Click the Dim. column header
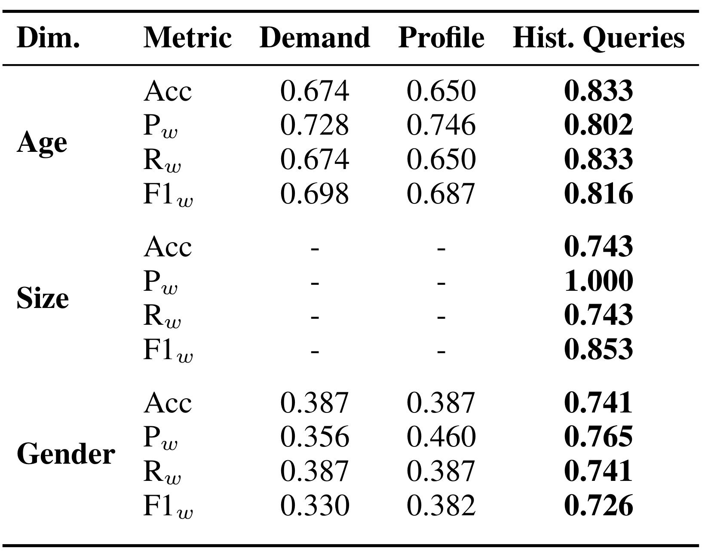48,38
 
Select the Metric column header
187,38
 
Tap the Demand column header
315,38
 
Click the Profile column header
441,38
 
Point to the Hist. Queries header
598,39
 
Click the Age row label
42,143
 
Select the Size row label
43,298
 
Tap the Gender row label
66,454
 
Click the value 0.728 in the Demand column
315,125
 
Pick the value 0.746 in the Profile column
441,125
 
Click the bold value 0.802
598,125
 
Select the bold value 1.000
598,281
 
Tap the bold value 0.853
598,349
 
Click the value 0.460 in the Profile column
441,437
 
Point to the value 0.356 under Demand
315,437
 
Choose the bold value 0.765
598,437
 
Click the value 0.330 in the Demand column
315,505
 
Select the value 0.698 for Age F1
315,194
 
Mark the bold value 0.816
598,194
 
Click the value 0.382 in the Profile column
441,505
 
